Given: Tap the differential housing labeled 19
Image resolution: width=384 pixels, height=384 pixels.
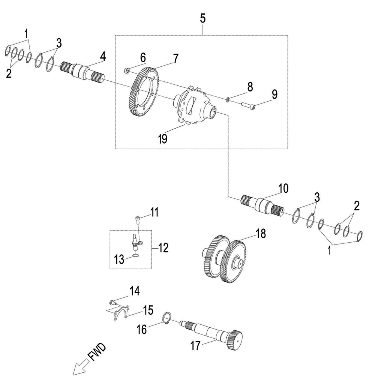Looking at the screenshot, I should coord(193,105).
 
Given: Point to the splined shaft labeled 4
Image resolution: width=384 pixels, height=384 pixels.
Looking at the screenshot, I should coord(82,71).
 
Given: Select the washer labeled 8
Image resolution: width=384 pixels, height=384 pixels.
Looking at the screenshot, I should coord(228,99).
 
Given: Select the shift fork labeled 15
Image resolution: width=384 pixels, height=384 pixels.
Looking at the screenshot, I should coord(120,313).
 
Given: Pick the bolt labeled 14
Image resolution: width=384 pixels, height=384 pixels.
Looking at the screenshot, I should coord(112,301).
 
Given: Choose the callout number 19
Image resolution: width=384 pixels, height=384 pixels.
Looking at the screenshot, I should coord(162,139).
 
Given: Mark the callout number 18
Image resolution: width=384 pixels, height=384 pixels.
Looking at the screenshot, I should coord(260,233).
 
